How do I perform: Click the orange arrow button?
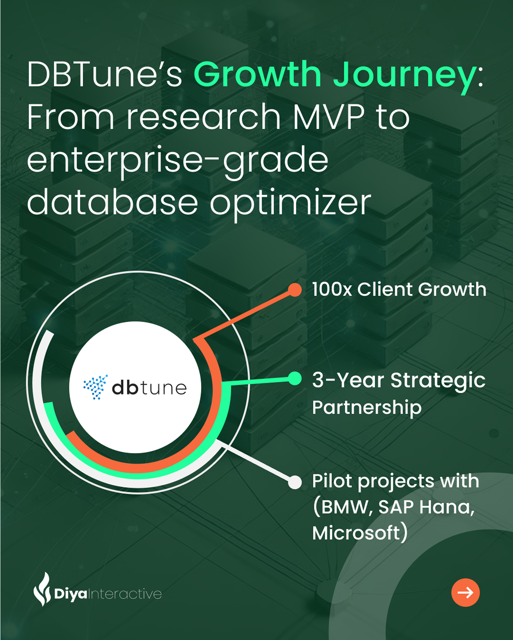(466, 593)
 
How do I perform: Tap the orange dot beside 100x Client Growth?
(295, 290)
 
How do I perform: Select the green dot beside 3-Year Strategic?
(295, 378)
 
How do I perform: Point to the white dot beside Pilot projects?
(295, 482)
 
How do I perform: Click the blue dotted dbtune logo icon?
(95, 387)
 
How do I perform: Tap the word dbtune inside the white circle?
(149, 388)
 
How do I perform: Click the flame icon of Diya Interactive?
(42, 589)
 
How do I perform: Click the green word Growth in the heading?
(257, 74)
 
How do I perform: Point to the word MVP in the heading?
(329, 117)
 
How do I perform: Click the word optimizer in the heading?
(291, 205)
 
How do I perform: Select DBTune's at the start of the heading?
(104, 74)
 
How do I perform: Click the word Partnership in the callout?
(367, 407)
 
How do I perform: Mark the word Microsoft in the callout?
(356, 533)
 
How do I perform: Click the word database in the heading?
(113, 201)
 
